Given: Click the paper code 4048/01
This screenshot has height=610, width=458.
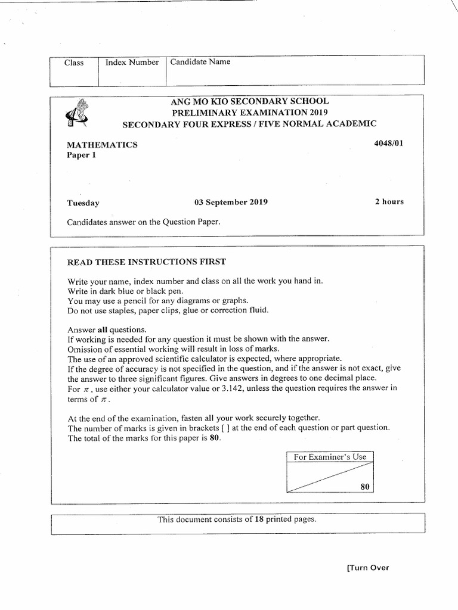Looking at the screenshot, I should pyautogui.click(x=390, y=144).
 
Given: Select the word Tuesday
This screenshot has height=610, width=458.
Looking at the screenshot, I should pyautogui.click(x=83, y=203).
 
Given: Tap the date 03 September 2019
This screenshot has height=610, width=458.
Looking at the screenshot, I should pyautogui.click(x=231, y=202).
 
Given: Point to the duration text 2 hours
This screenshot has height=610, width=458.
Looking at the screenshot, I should pyautogui.click(x=389, y=201).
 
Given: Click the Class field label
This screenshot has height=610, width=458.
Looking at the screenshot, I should pyautogui.click(x=74, y=63).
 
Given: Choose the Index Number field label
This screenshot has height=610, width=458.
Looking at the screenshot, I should pyautogui.click(x=132, y=62).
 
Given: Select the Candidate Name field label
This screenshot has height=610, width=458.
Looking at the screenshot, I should pyautogui.click(x=200, y=61).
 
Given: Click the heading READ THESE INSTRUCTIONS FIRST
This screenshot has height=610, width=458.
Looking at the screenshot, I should pyautogui.click(x=147, y=262).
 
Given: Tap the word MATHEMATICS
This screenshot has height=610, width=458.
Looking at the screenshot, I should pyautogui.click(x=102, y=144).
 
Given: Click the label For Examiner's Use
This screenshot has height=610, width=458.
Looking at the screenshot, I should pyautogui.click(x=330, y=457).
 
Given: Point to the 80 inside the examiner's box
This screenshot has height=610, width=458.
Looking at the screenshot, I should pyautogui.click(x=366, y=487).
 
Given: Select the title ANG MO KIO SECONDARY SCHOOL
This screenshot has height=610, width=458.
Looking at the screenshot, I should pyautogui.click(x=249, y=101).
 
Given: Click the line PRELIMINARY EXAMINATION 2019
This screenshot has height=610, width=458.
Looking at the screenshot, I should pyautogui.click(x=249, y=113).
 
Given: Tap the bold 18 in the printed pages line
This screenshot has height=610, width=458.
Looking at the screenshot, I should pyautogui.click(x=259, y=519).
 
